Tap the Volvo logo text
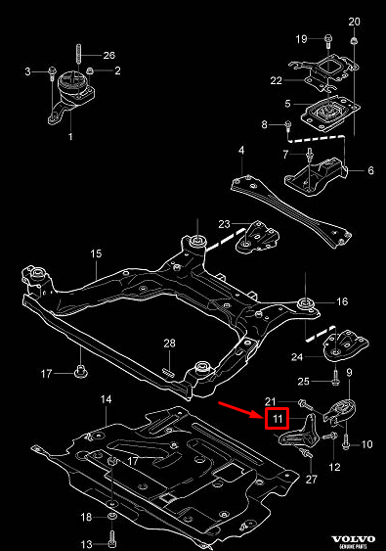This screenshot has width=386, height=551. click(x=353, y=538)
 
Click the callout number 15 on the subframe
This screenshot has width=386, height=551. click(x=97, y=255)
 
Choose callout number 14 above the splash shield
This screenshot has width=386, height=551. click(x=107, y=399)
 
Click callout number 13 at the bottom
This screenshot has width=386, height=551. click(x=87, y=544)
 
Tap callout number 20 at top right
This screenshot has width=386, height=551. click(x=354, y=21)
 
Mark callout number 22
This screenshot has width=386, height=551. click(x=277, y=80)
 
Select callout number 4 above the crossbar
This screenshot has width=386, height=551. click(x=240, y=150)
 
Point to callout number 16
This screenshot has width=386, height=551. click(x=342, y=302)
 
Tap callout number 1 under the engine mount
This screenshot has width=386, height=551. click(x=70, y=138)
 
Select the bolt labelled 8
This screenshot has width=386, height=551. click(x=289, y=125)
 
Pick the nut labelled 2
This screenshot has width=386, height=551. click(x=90, y=70)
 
